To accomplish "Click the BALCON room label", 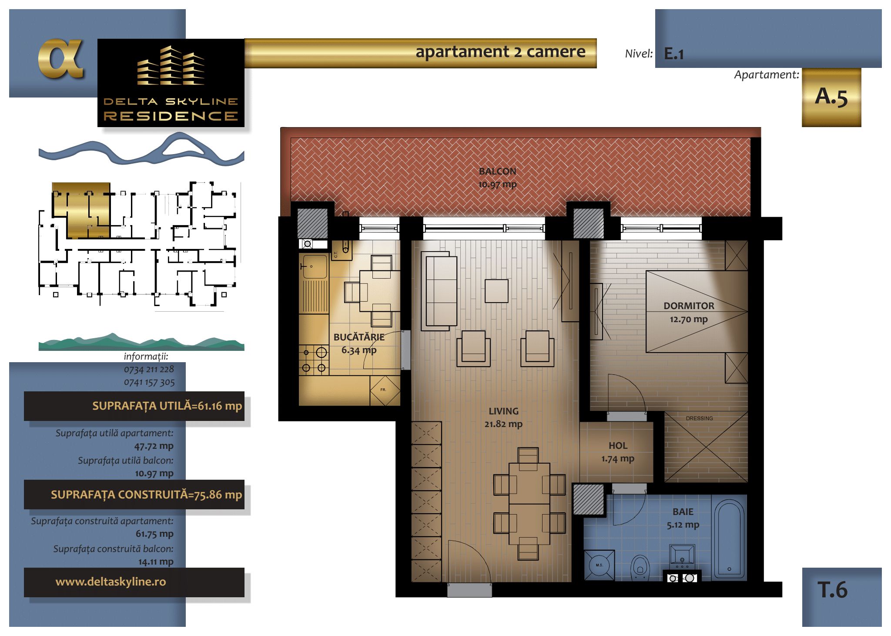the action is coord(497,172).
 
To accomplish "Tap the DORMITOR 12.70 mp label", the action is coord(689,313).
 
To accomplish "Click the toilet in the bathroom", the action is coord(640,567).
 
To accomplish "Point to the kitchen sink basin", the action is coord(314,266).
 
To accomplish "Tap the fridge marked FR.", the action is coord(385,390).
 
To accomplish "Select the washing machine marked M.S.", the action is coord(599,565).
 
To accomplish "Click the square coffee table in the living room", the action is coord(497,291).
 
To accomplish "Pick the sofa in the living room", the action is coord(439,291).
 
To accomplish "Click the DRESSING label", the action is coord(699,418).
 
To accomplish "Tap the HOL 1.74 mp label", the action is coord(618,452).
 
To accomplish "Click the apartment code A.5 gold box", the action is coord(831,97).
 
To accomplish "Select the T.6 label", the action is coord(832,590).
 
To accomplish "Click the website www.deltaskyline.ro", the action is coord(111,582).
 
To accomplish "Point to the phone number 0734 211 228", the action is coord(149,369).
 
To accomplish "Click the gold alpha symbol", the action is coord(60,59).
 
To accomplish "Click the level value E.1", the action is coord(674,54).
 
